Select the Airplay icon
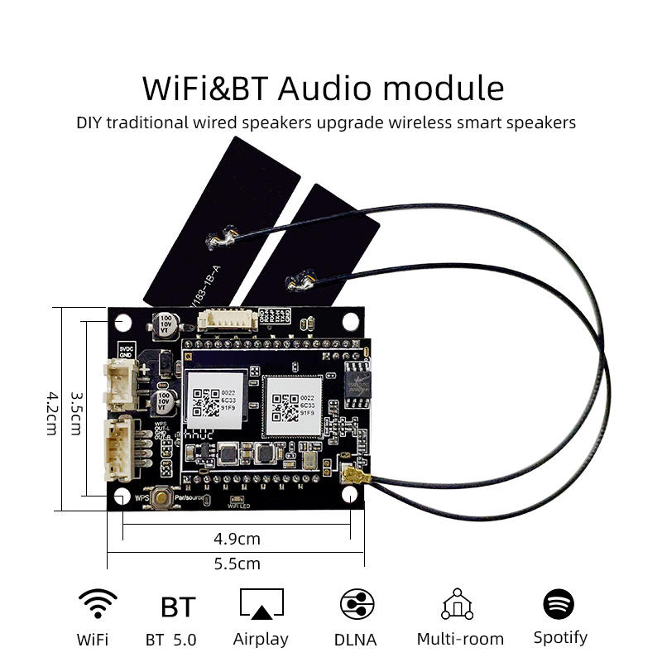[261, 604]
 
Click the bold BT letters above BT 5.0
[178, 607]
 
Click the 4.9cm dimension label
[237, 539]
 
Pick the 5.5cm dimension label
[237, 564]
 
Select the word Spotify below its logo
[560, 637]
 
